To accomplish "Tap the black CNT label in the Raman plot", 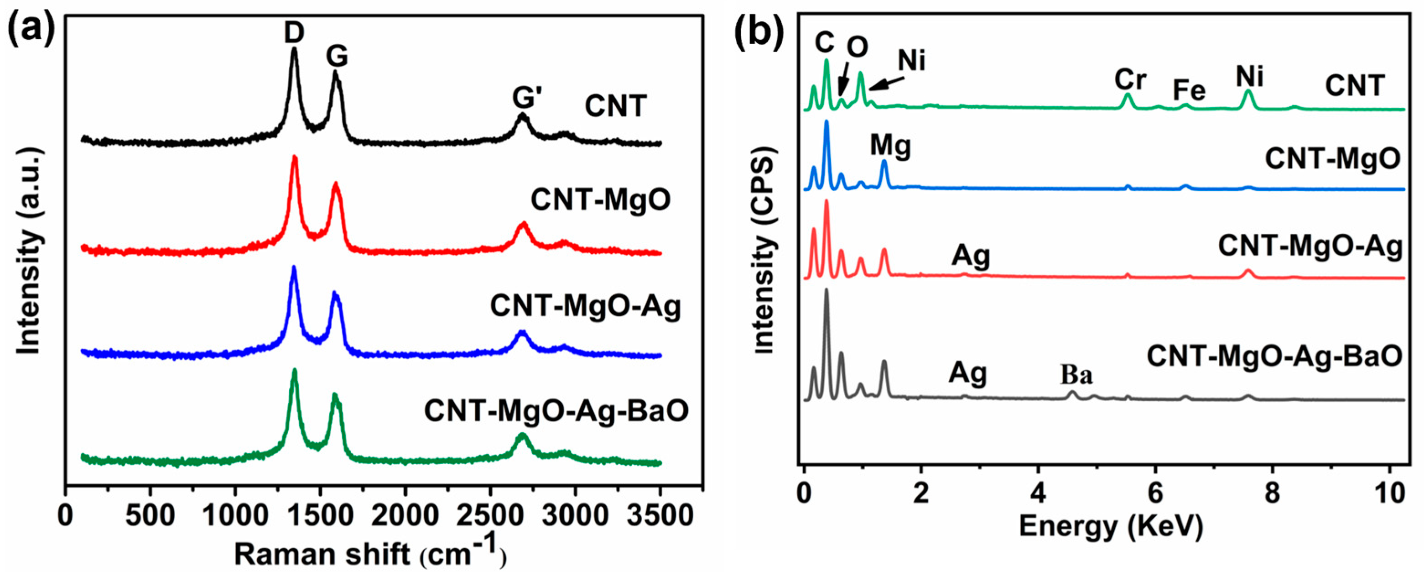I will click(x=615, y=106).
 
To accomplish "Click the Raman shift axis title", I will click(x=369, y=553).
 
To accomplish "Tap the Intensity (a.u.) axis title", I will click(x=29, y=254).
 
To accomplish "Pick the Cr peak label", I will click(x=1130, y=79).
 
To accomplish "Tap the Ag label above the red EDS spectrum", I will click(x=970, y=257).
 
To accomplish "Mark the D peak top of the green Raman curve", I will click(x=294, y=371).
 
